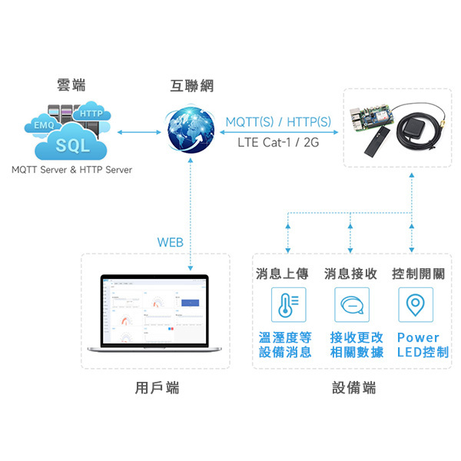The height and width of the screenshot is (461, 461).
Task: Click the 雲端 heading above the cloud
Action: tap(71, 85)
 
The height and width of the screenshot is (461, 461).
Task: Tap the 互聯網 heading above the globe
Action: tap(188, 85)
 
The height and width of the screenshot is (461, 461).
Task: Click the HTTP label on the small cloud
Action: tap(91, 114)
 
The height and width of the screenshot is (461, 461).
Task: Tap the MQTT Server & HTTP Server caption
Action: tap(71, 170)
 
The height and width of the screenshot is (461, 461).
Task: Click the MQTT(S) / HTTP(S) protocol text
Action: tap(278, 122)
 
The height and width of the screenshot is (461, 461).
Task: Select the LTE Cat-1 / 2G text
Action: tap(278, 142)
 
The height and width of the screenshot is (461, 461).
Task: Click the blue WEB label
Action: tap(170, 242)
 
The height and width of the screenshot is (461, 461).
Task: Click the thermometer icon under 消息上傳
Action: tap(285, 304)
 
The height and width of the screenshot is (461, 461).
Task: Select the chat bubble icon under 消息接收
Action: tap(350, 304)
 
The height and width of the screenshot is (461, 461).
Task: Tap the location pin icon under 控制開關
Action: tap(416, 304)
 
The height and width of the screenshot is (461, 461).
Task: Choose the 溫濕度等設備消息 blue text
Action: tap(285, 345)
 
